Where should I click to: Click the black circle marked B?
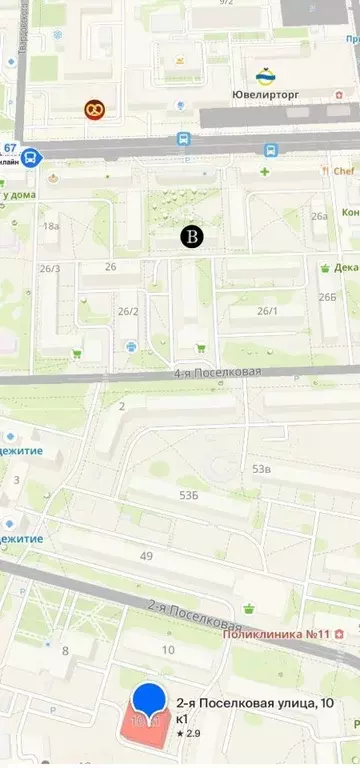click(191, 236)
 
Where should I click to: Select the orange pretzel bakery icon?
click(93, 108)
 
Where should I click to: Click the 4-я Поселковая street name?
click(217, 373)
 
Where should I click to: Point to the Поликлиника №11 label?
click(276, 634)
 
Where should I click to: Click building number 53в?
click(262, 469)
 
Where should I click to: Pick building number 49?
click(147, 556)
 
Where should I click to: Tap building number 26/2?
click(128, 312)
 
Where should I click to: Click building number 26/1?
click(267, 311)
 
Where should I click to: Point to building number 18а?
click(51, 227)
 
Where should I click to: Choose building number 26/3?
click(50, 268)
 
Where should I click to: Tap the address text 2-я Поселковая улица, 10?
click(255, 704)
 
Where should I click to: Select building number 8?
click(66, 651)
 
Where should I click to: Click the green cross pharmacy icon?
click(265, 172)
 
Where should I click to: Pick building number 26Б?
click(327, 297)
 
